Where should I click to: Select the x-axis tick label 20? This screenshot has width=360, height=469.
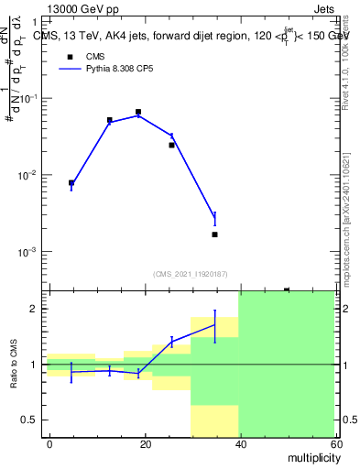pos(145,443)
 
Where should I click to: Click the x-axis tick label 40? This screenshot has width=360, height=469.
pos(239,443)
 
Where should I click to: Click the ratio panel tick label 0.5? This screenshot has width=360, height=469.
pos(31,420)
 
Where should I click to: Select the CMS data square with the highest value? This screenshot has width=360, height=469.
pos(137,112)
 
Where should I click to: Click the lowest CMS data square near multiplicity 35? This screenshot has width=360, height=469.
pos(214,234)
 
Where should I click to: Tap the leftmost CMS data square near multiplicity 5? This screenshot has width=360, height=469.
pos(71,182)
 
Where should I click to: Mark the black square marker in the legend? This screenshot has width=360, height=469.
pos(70,55)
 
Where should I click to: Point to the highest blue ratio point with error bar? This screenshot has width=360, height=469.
pos(214,324)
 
